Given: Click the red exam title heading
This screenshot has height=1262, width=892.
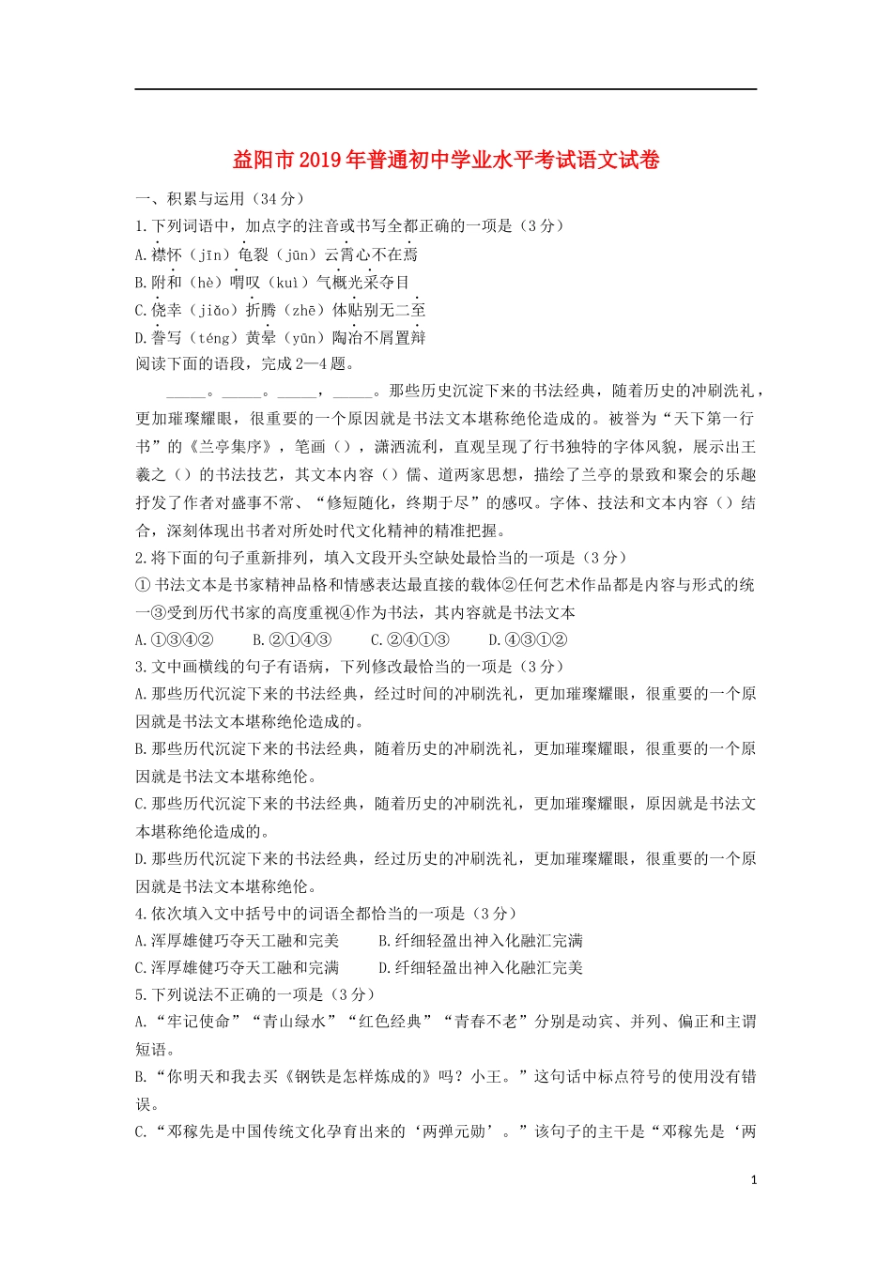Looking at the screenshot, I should click(446, 161).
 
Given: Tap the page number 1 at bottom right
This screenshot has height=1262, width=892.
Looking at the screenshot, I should click(754, 1180).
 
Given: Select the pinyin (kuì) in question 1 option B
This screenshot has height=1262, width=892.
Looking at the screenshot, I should click(288, 283).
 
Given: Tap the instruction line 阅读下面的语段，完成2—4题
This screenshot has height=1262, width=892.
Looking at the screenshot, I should click(245, 364).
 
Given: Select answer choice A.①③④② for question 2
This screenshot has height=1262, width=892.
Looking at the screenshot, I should click(175, 640).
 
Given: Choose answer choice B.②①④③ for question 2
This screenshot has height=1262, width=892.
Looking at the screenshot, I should click(292, 640).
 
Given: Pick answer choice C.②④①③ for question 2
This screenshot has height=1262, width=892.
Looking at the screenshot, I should click(409, 640).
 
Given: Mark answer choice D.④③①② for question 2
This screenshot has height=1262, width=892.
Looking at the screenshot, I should click(528, 640).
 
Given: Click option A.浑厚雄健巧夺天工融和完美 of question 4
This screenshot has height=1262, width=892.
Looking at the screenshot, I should click(238, 941).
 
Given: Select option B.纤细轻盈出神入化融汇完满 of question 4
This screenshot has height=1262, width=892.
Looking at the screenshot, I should click(481, 941).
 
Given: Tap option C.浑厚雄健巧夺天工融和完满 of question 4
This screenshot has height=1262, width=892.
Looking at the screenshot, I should click(238, 968).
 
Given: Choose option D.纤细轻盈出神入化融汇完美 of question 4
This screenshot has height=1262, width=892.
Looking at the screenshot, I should click(481, 968).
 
